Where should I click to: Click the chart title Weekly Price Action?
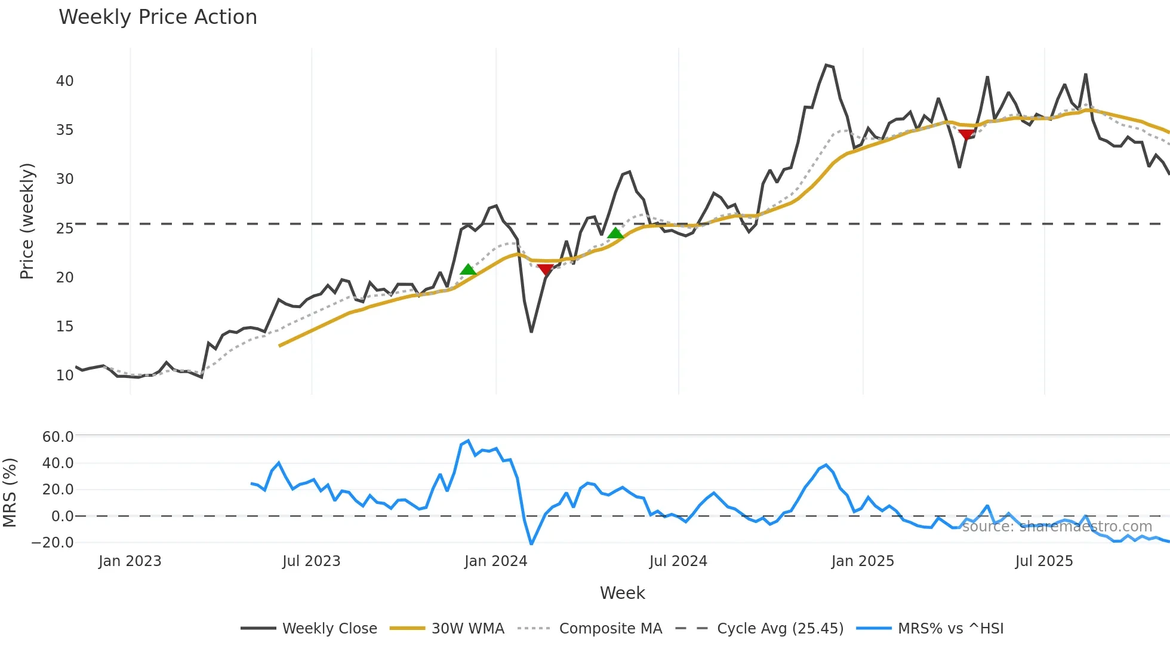pyautogui.click(x=158, y=17)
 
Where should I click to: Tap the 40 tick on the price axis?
pyautogui.click(x=64, y=81)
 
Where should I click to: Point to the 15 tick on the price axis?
pyautogui.click(x=64, y=327)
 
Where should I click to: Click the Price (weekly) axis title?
pyautogui.click(x=27, y=221)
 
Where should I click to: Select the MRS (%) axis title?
pyautogui.click(x=10, y=493)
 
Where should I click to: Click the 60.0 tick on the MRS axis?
pyautogui.click(x=57, y=437)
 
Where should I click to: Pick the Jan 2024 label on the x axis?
pyautogui.click(x=495, y=561)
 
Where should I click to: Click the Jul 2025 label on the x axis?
pyautogui.click(x=1043, y=561)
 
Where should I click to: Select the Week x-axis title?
pyautogui.click(x=622, y=593)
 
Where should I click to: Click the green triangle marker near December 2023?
pyautogui.click(x=469, y=270)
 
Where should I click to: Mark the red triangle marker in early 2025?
pyautogui.click(x=966, y=134)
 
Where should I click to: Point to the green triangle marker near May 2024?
pyautogui.click(x=615, y=233)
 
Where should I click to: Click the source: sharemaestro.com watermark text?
pyautogui.click(x=1057, y=527)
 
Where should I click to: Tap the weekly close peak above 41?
pyautogui.click(x=826, y=65)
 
